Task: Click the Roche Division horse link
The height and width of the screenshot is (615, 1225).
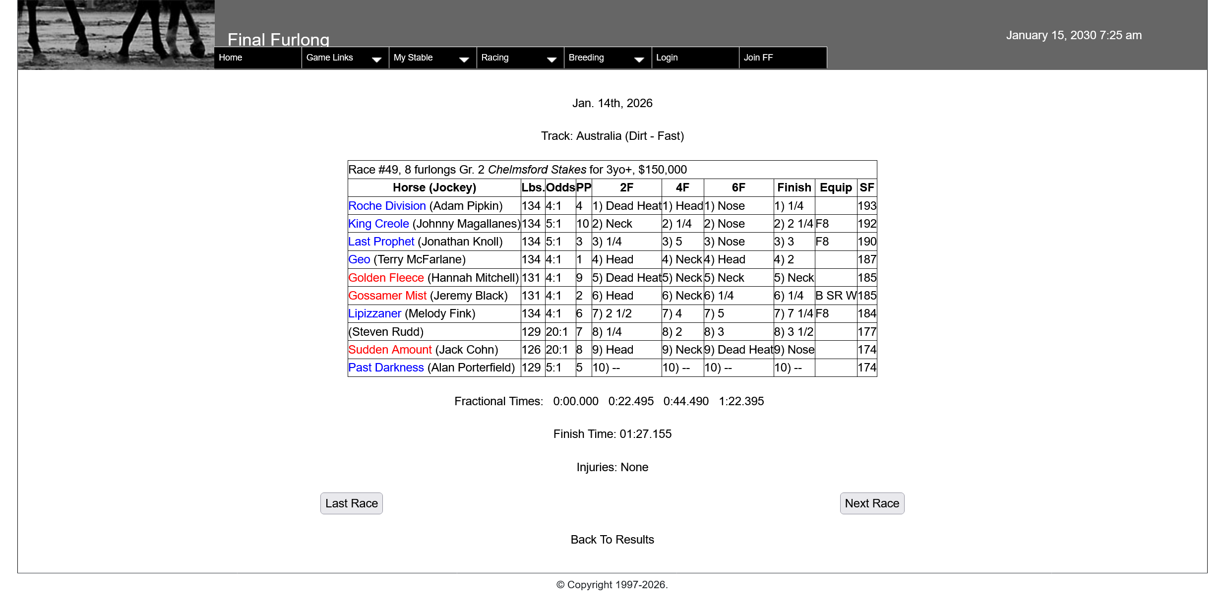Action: [387, 206]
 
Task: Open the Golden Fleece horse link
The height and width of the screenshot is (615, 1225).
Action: [386, 278]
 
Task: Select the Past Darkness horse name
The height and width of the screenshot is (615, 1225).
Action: [386, 368]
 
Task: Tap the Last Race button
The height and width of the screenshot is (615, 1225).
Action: [351, 503]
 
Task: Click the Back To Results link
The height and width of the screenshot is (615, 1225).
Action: [612, 540]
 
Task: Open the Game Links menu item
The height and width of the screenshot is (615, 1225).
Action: [330, 58]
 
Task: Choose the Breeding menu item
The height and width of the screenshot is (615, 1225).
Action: [586, 58]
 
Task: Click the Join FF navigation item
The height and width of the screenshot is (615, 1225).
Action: [758, 58]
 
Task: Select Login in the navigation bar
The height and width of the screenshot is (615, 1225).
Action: [667, 58]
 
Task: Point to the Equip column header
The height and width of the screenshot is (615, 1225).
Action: [836, 187]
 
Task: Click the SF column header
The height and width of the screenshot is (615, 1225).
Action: [866, 187]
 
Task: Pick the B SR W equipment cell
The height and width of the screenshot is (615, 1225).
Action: [836, 296]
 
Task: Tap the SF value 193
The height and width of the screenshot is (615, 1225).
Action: [867, 206]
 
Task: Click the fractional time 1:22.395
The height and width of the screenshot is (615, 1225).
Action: [741, 401]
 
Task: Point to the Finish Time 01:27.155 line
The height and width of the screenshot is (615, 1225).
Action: [612, 434]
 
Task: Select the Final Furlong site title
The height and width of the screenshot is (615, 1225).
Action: [278, 40]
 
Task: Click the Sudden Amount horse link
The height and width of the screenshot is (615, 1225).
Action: [390, 350]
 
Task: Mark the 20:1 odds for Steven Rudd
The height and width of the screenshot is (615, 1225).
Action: [556, 332]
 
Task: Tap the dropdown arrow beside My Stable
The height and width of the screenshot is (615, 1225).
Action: [464, 60]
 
